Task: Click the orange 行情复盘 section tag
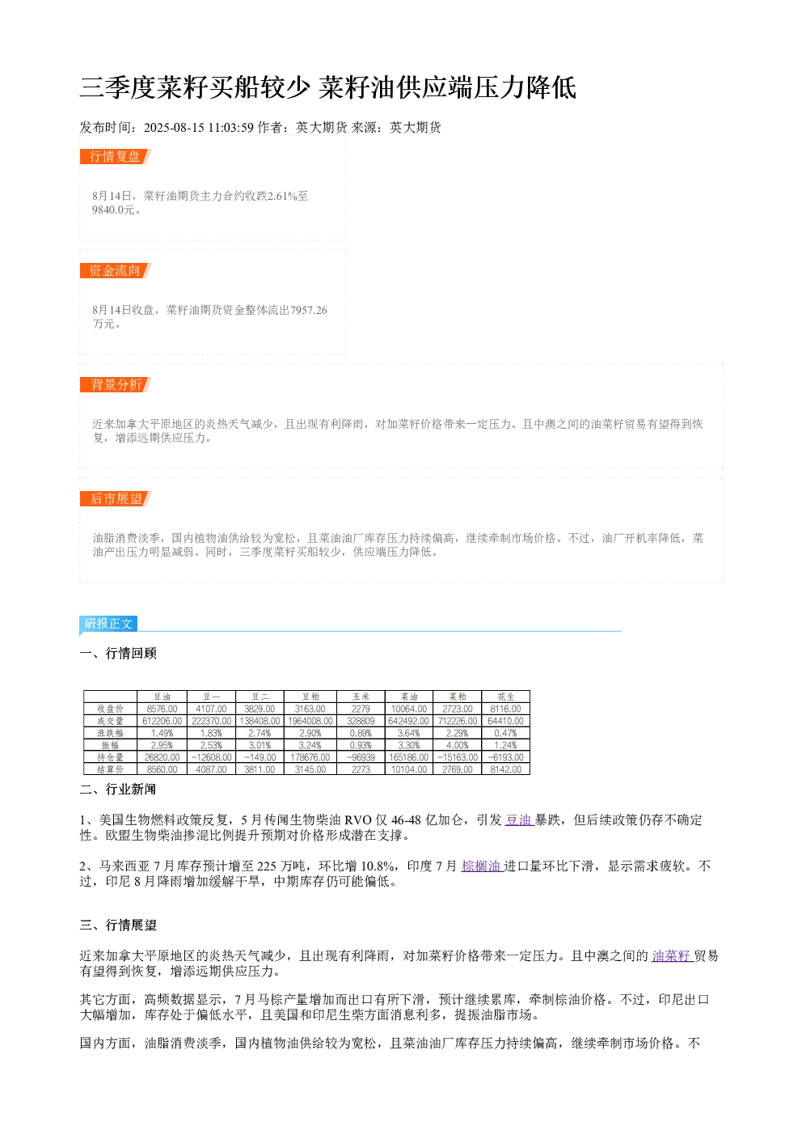[x=115, y=157]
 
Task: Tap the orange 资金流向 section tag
[x=115, y=270]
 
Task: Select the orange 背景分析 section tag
[x=115, y=384]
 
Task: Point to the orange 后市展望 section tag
[x=115, y=498]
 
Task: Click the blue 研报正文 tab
[x=108, y=623]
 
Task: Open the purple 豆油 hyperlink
[x=519, y=819]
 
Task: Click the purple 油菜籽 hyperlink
[x=672, y=955]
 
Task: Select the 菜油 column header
[x=408, y=697]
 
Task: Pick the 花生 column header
[x=506, y=697]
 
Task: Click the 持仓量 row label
[x=111, y=757]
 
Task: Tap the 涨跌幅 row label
[x=111, y=733]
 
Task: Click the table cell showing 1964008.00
[x=310, y=721]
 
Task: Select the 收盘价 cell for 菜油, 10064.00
[x=408, y=709]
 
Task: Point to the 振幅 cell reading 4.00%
[x=458, y=745]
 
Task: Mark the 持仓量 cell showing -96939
[x=361, y=757]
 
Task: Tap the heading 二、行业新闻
[x=118, y=789]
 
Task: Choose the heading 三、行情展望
[x=118, y=925]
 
